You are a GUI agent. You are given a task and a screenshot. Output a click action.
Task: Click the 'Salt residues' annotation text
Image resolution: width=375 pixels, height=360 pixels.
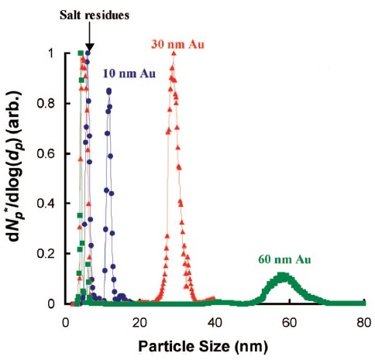click(x=95, y=15)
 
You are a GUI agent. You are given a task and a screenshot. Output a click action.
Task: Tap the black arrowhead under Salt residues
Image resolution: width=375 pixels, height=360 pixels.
click(x=89, y=47)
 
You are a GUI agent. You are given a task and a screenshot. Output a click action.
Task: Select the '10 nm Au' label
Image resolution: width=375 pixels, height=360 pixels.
click(x=129, y=74)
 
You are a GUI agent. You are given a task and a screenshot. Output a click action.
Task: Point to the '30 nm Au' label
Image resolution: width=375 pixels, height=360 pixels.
click(x=177, y=44)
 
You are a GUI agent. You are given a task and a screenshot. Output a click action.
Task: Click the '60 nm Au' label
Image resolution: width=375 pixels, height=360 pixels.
click(x=284, y=259)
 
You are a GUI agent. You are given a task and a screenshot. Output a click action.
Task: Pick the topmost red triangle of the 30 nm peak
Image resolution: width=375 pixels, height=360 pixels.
click(x=174, y=53)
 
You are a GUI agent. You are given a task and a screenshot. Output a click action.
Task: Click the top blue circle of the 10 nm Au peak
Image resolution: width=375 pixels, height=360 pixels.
click(x=109, y=91)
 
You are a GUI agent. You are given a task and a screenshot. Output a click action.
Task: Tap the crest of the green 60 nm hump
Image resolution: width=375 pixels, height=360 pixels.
click(x=284, y=276)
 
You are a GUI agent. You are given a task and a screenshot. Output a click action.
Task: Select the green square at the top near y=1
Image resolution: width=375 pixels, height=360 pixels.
click(x=81, y=53)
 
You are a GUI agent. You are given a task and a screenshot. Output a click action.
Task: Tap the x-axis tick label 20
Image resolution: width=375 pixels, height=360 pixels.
click(x=140, y=323)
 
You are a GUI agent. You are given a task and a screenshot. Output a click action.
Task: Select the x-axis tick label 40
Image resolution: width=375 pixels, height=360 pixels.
click(x=215, y=323)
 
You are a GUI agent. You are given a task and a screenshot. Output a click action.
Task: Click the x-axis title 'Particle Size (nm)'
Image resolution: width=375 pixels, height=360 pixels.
click(x=203, y=346)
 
